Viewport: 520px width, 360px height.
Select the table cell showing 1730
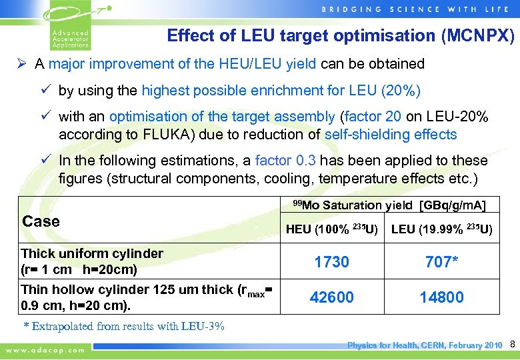332,262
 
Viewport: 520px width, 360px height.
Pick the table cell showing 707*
442,262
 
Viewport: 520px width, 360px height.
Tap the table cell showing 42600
332,297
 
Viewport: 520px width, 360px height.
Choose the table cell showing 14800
442,297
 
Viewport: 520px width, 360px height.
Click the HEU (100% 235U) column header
332,230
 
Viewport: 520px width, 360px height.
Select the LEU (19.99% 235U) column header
442,230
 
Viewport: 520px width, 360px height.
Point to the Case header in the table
41,221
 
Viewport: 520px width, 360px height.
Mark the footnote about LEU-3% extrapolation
124,326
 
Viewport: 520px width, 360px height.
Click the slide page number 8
513,345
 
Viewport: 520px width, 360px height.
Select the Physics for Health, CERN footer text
425,345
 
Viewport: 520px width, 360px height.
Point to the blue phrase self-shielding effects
391,134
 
